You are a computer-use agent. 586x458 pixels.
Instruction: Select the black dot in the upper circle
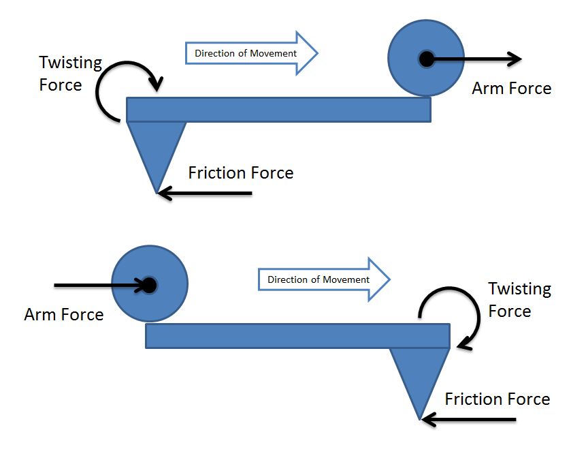pyautogui.click(x=426, y=59)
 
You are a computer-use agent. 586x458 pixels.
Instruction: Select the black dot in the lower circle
pyautogui.click(x=148, y=285)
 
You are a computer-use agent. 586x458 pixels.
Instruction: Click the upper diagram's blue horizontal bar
pyautogui.click(x=278, y=110)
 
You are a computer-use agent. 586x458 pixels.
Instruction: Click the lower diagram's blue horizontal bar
pyautogui.click(x=297, y=336)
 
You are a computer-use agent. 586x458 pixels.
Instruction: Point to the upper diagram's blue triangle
pyautogui.click(x=157, y=147)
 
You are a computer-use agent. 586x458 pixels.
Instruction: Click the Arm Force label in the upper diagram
pyautogui.click(x=511, y=88)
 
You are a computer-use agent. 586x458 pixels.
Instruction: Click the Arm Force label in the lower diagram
pyautogui.click(x=64, y=314)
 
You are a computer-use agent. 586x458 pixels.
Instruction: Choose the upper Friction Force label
pyautogui.click(x=241, y=172)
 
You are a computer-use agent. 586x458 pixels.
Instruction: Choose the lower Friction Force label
pyautogui.click(x=497, y=399)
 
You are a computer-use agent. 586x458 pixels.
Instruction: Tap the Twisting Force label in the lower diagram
pyautogui.click(x=519, y=300)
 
